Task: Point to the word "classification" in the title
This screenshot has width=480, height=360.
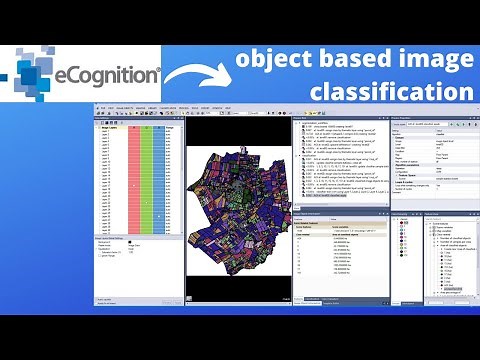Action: pyautogui.click(x=390, y=93)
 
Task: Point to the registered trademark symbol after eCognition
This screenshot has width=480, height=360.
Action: pyautogui.click(x=158, y=69)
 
